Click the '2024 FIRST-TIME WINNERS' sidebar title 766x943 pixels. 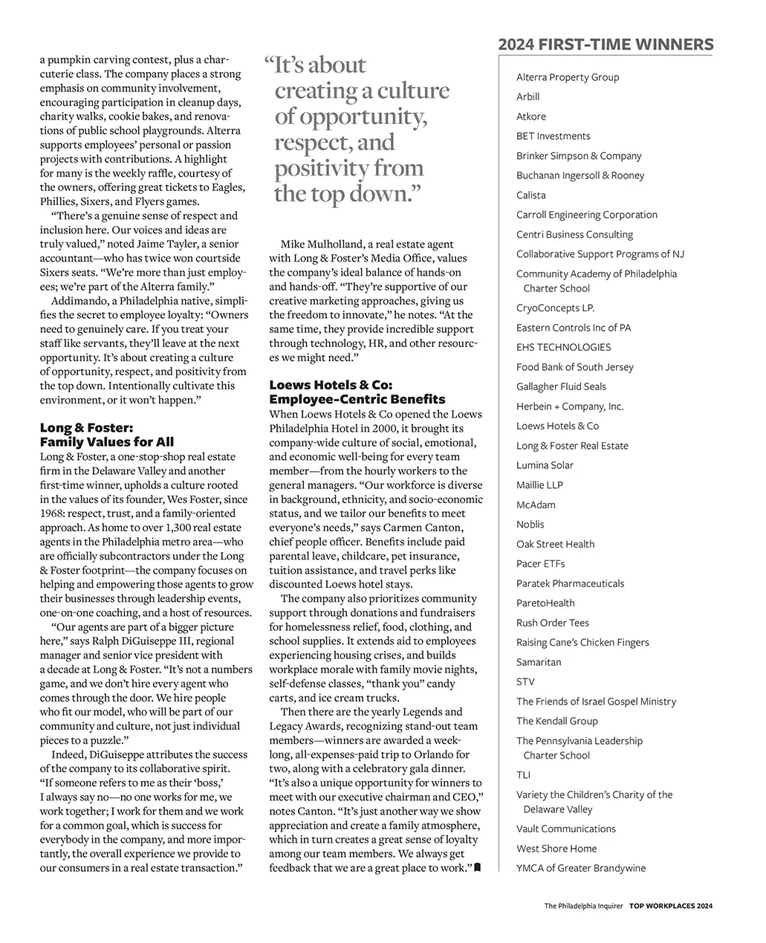coord(606,45)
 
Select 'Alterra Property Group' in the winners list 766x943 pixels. coord(568,77)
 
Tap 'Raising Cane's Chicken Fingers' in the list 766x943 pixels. coord(582,643)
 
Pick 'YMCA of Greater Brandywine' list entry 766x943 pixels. coord(581,869)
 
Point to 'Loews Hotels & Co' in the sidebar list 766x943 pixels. coord(557,427)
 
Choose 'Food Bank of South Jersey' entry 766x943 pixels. coord(575,367)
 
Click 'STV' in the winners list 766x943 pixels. coord(525,682)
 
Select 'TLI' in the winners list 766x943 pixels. coord(523,775)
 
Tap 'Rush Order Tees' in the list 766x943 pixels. coord(553,623)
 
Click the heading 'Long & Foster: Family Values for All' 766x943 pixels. coord(107,435)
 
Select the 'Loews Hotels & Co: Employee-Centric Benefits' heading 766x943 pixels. coord(357,392)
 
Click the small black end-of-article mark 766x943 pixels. coord(478,868)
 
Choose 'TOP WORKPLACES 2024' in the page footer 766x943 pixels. coord(671,906)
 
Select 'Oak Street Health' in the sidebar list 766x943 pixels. coord(555,545)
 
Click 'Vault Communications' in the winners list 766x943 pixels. coord(566,829)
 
